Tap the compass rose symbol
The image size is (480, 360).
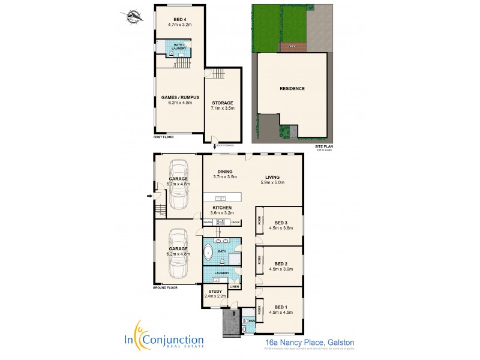(135, 16)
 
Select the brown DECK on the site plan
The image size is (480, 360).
(292, 46)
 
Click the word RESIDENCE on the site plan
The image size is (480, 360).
(292, 89)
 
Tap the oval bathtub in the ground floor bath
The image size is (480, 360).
(209, 253)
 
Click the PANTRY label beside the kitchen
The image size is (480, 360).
(208, 223)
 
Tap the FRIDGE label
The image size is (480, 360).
(235, 223)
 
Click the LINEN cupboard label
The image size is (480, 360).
(235, 287)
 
